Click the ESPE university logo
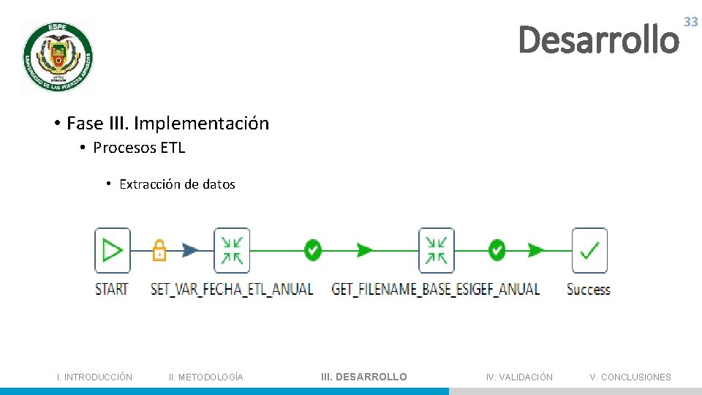pos(58,57)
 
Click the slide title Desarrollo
pos(598,39)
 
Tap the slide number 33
pos(690,22)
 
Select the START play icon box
pos(112,250)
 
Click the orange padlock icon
pos(159,250)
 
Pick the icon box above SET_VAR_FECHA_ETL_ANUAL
pos(231,250)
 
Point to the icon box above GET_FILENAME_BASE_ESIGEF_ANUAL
pos(436,250)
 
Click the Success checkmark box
pos(589,250)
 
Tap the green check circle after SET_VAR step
pos(313,250)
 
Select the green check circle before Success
pos(497,250)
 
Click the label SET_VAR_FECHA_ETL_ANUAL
pos(231,289)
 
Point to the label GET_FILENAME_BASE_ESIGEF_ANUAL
pos(436,289)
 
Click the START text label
pos(112,289)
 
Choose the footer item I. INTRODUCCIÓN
pos(95,377)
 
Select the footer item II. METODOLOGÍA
pos(205,377)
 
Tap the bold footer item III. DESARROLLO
pos(364,377)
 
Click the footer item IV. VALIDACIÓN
pos(519,377)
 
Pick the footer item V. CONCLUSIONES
pos(630,377)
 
